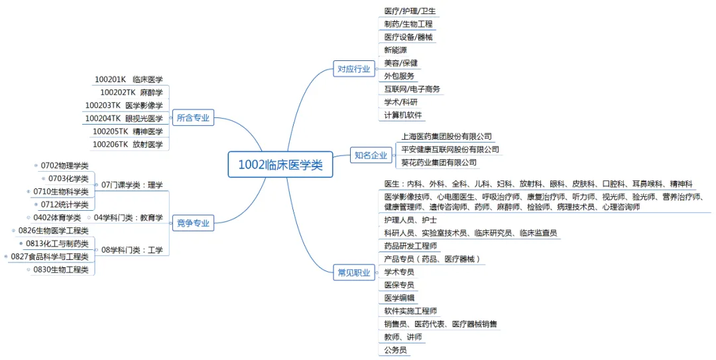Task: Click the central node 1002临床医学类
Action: pyautogui.click(x=280, y=165)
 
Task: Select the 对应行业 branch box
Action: pyautogui.click(x=354, y=69)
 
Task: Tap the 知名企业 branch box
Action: pyautogui.click(x=370, y=156)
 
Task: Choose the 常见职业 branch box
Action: pyautogui.click(x=354, y=272)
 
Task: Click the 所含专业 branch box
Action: pyautogui.click(x=193, y=118)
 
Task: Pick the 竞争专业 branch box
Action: pyautogui.click(x=193, y=223)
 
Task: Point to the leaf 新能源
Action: pyautogui.click(x=396, y=50)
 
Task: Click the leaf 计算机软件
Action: pyautogui.click(x=403, y=115)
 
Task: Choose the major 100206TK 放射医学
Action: pyautogui.click(x=127, y=144)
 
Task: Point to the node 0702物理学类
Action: pyautogui.click(x=64, y=165)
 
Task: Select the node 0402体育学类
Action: pyautogui.click(x=57, y=217)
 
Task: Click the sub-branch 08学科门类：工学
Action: pyautogui.click(x=132, y=250)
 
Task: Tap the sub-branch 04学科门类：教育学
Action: pyautogui.click(x=129, y=217)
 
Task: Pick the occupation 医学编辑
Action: pyautogui.click(x=399, y=298)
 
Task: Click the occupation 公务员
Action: pyautogui.click(x=395, y=349)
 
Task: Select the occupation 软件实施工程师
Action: pyautogui.click(x=410, y=310)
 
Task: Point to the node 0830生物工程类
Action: pyautogui.click(x=60, y=270)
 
